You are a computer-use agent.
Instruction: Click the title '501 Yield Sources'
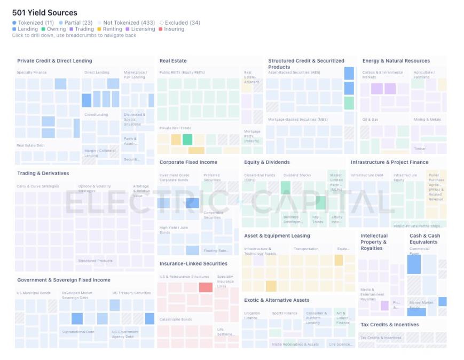pos(44,12)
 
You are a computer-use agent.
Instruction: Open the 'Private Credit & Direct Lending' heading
pos(54,61)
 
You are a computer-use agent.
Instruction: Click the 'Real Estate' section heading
pos(173,61)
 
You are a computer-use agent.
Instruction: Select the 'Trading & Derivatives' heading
pos(43,174)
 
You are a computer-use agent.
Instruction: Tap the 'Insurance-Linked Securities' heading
pos(193,264)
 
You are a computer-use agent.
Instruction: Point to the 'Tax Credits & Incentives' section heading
pos(389,325)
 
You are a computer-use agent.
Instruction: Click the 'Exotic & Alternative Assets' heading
pos(277,300)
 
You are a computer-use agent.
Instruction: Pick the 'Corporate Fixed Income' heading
pos(188,162)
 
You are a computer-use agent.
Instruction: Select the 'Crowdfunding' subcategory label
pos(96,115)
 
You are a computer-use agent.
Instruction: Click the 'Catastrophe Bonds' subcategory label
pos(176,319)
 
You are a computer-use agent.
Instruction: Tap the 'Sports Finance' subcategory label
pos(285,314)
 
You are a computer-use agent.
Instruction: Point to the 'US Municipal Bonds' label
pos(34,293)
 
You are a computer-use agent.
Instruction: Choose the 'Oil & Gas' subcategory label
pos(370,120)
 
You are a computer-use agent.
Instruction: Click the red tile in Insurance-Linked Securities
pos(206,287)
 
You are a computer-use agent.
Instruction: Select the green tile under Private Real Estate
pos(187,139)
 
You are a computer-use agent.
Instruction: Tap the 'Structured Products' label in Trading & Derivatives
pos(95,261)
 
